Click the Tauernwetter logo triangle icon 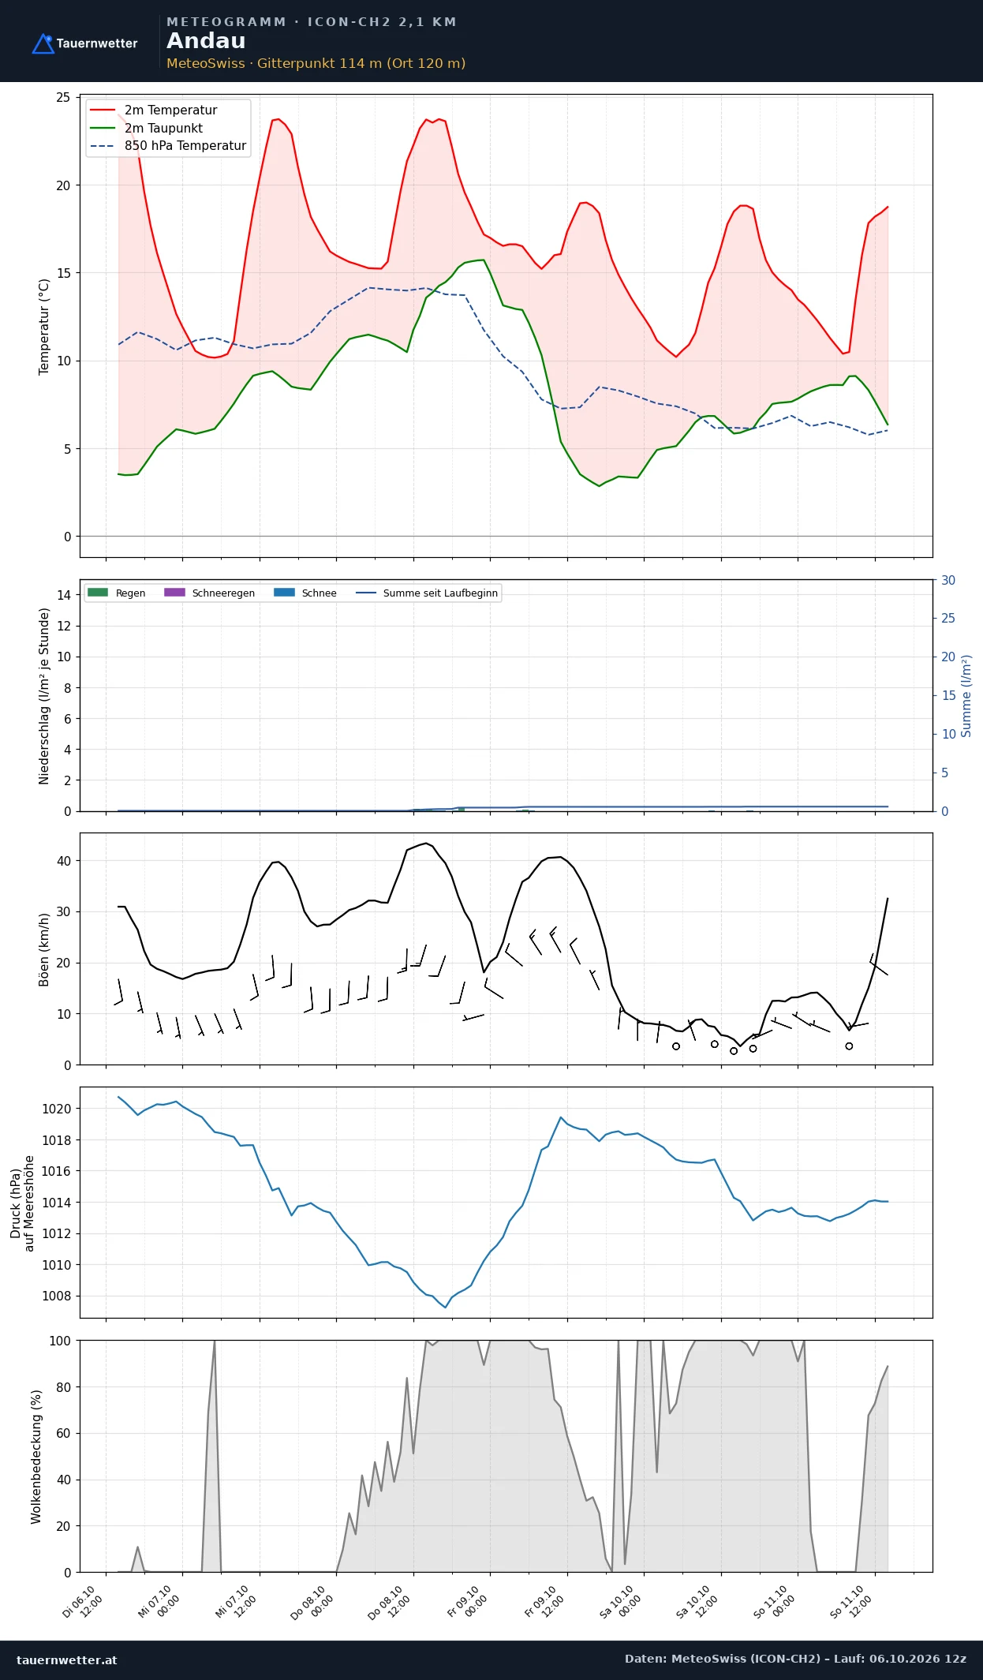(43, 43)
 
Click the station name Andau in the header (206, 41)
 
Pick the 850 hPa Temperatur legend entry (168, 146)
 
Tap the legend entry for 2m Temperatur (154, 110)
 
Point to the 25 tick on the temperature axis (63, 98)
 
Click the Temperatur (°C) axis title (44, 327)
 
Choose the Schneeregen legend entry (210, 593)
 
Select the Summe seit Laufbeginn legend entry (427, 593)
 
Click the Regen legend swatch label (117, 593)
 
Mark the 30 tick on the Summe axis (948, 580)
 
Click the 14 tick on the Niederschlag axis (64, 595)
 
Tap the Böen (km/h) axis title (44, 949)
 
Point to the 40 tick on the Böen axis (64, 861)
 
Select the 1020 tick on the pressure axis (56, 1109)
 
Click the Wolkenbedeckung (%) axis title (36, 1457)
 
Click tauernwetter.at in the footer (67, 1659)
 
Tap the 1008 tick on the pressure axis (56, 1296)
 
